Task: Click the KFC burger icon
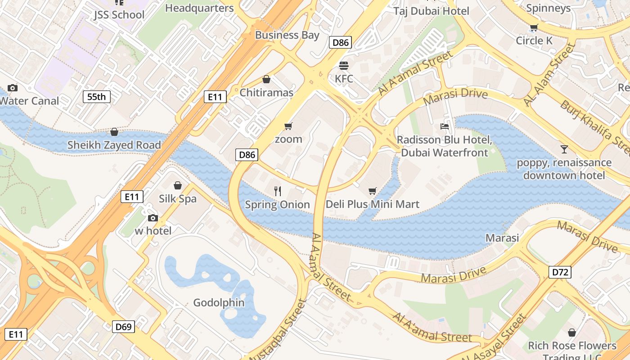tap(344, 66)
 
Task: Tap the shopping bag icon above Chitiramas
tap(266, 80)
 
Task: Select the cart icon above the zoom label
tap(288, 126)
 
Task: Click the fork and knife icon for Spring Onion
tap(278, 191)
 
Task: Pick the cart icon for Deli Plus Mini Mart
tap(372, 191)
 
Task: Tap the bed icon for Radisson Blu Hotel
tap(445, 126)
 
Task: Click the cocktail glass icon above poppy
tap(564, 149)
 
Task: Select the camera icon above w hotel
tap(153, 218)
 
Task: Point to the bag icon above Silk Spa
tap(178, 185)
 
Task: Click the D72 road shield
tap(560, 272)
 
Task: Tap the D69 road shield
tap(123, 326)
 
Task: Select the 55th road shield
tap(97, 96)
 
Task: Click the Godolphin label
tap(219, 302)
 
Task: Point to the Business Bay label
tap(287, 35)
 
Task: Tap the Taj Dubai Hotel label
tap(431, 11)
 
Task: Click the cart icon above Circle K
tap(534, 28)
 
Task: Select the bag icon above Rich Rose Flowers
tap(571, 333)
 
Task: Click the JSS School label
tap(119, 14)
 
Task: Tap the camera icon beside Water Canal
tap(13, 88)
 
